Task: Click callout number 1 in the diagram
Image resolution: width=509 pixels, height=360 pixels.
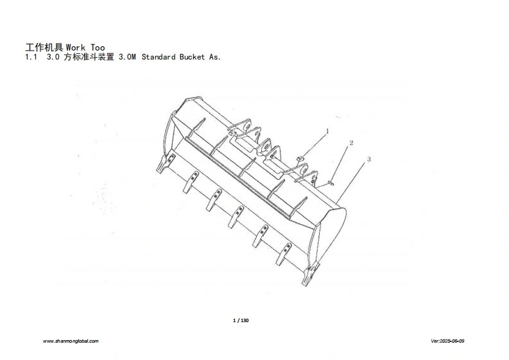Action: pos(327,131)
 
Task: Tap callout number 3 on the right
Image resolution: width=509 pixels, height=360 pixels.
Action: pos(368,158)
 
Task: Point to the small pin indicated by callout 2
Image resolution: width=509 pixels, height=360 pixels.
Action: pos(329,182)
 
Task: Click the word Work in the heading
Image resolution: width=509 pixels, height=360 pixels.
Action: pos(76,47)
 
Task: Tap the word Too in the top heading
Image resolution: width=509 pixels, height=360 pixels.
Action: pos(98,47)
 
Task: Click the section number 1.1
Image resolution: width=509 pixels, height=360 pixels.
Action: pos(30,57)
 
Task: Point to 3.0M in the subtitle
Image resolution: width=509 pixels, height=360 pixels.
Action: pos(127,57)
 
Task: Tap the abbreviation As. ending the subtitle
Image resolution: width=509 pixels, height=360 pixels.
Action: pos(215,57)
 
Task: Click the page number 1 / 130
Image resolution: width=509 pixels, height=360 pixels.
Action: pos(240,320)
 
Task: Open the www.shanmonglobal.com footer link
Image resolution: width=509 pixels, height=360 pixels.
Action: pos(71,341)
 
